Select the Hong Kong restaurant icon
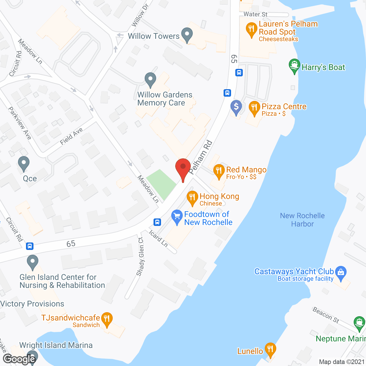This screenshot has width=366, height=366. tap(192, 197)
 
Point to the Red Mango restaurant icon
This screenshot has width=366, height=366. tap(219, 171)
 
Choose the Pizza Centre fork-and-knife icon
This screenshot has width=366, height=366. tap(254, 108)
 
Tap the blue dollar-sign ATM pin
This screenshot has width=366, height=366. tap(236, 107)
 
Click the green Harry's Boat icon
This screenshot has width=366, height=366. tap(294, 66)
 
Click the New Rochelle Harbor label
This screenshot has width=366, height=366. tap(302, 220)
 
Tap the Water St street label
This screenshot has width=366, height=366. tap(255, 14)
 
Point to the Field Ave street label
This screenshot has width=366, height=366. tap(71, 136)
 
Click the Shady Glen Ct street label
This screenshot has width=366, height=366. tap(140, 256)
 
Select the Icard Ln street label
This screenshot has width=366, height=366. tap(158, 238)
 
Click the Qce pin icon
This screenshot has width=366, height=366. tap(24, 164)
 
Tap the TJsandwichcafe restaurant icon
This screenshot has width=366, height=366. tap(107, 319)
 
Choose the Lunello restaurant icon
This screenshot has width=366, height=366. tap(270, 349)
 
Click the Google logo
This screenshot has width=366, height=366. tap(19, 359)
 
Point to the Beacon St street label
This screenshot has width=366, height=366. tap(326, 315)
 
